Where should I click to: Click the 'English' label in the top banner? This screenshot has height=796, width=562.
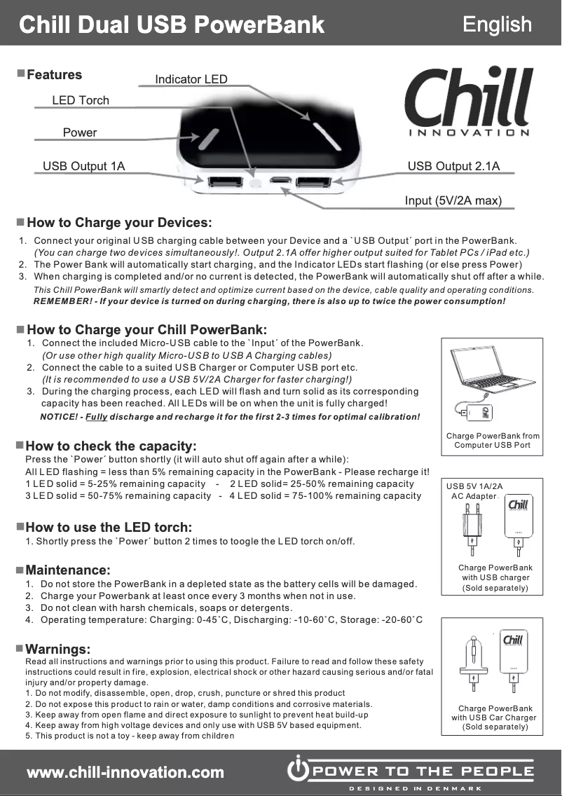point(497,24)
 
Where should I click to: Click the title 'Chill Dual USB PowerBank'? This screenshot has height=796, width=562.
point(172,25)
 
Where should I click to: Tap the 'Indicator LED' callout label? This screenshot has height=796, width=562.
point(191,79)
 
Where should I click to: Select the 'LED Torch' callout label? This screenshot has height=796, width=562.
point(81,100)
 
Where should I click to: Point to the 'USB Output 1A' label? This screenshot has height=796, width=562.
point(83,166)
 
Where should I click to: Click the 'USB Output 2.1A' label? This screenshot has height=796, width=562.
point(453,166)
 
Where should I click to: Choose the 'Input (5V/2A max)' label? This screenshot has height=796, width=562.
point(453,201)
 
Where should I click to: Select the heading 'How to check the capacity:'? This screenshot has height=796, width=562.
point(111,446)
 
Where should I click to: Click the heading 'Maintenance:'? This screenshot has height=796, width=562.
point(68,570)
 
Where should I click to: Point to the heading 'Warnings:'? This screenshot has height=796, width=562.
point(58,649)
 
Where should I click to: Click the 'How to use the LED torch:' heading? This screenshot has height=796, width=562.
point(109,527)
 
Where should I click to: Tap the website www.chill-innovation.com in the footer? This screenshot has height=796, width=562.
point(125,772)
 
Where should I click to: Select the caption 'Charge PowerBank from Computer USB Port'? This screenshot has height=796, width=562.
point(493,441)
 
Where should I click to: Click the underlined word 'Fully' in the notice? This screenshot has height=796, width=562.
point(97,417)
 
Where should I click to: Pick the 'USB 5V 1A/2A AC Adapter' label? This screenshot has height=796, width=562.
point(474,490)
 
